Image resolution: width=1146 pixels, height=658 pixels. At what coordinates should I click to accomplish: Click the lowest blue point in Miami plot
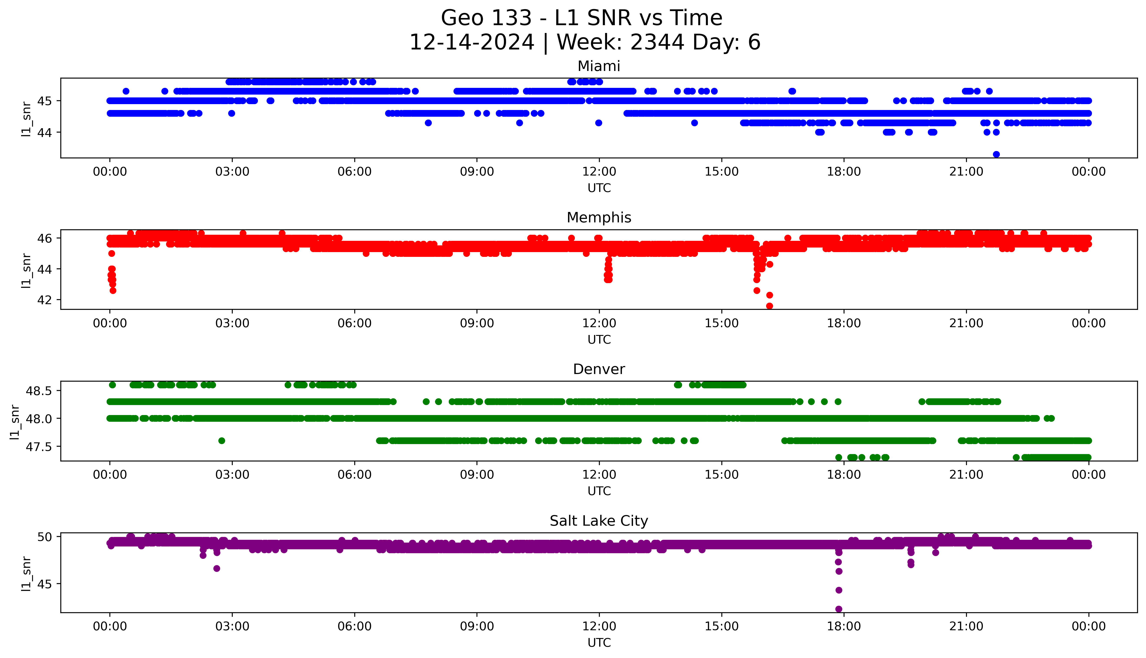click(x=996, y=154)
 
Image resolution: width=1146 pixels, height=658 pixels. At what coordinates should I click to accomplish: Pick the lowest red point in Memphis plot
click(x=769, y=306)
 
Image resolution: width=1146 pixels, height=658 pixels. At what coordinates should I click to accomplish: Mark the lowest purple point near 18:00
click(x=839, y=609)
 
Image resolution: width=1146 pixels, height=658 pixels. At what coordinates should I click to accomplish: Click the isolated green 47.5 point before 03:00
click(x=221, y=441)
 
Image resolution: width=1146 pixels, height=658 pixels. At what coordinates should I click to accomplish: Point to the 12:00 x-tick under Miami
click(x=599, y=172)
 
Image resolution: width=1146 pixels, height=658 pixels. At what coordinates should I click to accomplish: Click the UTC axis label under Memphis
click(x=599, y=339)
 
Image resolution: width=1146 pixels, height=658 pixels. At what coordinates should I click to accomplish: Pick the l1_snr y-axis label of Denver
click(x=15, y=422)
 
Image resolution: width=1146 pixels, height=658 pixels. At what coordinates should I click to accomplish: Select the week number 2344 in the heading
click(x=657, y=43)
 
